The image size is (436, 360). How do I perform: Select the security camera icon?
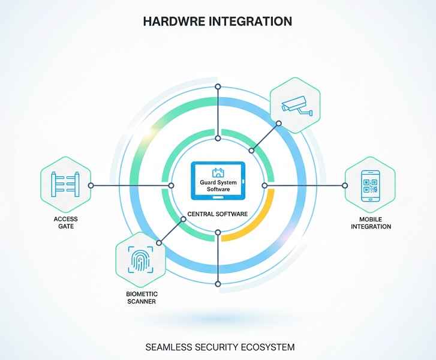pos(294,106)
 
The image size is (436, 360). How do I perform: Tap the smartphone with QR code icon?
pos(370,185)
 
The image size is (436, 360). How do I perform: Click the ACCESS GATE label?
pos(65,223)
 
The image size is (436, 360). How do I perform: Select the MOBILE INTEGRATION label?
pos(371,223)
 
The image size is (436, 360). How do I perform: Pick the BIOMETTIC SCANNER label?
pos(141,298)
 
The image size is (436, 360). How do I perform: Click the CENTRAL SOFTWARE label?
pos(218,213)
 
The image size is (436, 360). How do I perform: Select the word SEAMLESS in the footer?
pos(170,347)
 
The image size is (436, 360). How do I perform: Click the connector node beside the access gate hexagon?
pos(91,185)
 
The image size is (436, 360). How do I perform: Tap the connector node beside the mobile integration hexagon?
pos(345,185)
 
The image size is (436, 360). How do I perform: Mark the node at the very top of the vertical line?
pos(218,88)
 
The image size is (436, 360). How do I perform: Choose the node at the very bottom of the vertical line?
pos(218,283)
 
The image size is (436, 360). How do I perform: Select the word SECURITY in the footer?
pos(217,347)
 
